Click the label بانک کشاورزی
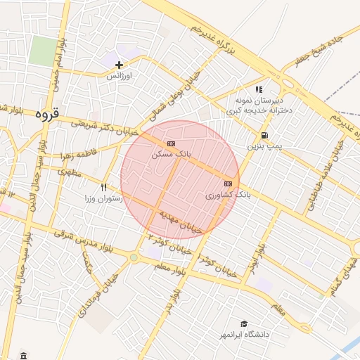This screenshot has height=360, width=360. point(228,194)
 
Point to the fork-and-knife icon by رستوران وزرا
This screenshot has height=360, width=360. point(104,187)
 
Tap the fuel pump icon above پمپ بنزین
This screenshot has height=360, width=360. point(264,136)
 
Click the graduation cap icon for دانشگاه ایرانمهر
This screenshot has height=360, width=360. point(244,324)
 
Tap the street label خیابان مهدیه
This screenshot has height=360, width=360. point(181,221)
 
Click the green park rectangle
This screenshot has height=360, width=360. point(44,51)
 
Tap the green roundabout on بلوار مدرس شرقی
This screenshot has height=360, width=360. point(134,258)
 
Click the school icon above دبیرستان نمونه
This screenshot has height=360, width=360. point(259,89)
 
